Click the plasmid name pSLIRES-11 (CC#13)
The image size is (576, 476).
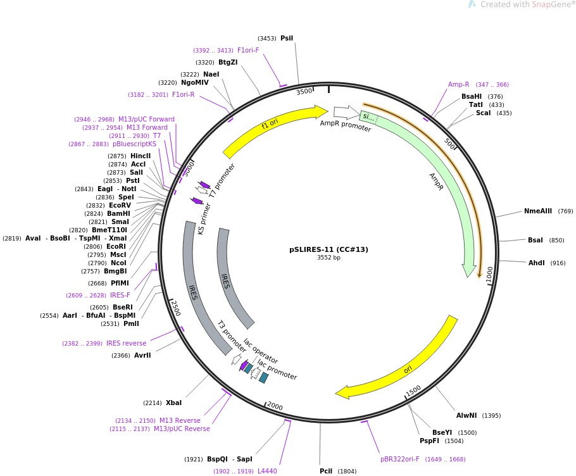(x=329, y=249)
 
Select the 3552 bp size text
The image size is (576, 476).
(x=329, y=258)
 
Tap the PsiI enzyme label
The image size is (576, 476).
(x=287, y=38)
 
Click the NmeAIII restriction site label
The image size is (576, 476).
(x=538, y=211)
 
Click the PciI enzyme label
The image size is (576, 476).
(x=326, y=471)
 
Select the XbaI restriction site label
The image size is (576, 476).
(x=173, y=403)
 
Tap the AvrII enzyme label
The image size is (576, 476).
(x=142, y=355)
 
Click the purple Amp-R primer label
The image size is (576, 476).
(x=458, y=84)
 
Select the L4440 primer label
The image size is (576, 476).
(x=267, y=471)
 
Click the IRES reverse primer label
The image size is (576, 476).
(x=126, y=343)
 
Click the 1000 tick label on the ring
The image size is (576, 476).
(x=489, y=274)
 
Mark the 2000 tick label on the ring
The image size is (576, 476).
(x=275, y=406)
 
